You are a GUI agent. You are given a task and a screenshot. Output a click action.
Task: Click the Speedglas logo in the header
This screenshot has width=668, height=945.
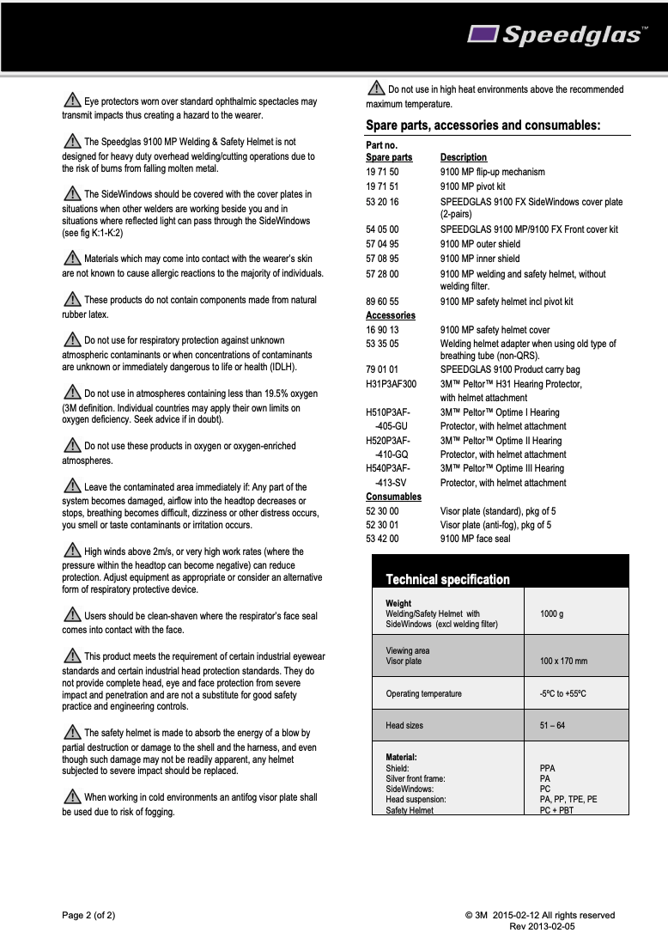pos(557,34)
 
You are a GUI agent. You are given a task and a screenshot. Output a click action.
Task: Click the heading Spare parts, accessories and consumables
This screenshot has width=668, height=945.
pos(483,125)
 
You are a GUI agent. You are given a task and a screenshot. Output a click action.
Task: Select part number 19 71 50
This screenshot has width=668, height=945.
pos(382,172)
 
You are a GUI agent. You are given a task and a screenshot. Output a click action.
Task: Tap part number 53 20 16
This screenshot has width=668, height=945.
pos(382,202)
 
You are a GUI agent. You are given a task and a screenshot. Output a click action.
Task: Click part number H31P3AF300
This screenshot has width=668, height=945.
pos(391,384)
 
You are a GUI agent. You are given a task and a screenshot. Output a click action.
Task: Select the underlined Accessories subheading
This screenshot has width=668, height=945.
pos(390,315)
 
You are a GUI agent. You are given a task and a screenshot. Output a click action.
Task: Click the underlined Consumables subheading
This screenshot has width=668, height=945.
pos(393,497)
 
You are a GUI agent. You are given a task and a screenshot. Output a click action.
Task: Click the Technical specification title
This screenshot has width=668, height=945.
pos(447,579)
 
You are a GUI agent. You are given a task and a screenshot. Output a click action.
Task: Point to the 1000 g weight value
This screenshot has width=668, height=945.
pos(551,614)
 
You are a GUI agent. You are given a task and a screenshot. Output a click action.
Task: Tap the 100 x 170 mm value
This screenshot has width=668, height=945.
pos(563,661)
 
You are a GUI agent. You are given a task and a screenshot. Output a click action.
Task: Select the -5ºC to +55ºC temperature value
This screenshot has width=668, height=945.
pos(562,693)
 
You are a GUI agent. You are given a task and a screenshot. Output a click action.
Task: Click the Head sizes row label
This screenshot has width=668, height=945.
pos(404,726)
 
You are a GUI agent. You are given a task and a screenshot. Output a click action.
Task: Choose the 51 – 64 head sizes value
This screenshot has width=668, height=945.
pos(552,726)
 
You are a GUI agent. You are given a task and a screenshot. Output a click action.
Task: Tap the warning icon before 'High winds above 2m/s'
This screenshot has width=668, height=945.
pos(72,551)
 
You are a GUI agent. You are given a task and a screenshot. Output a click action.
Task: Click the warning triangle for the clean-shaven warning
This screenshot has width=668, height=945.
pos(72,615)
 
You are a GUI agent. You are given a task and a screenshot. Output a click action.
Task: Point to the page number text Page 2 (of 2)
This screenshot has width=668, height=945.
pos(88,915)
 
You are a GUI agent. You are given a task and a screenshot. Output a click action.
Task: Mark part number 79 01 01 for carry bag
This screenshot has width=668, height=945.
pos(382,369)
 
